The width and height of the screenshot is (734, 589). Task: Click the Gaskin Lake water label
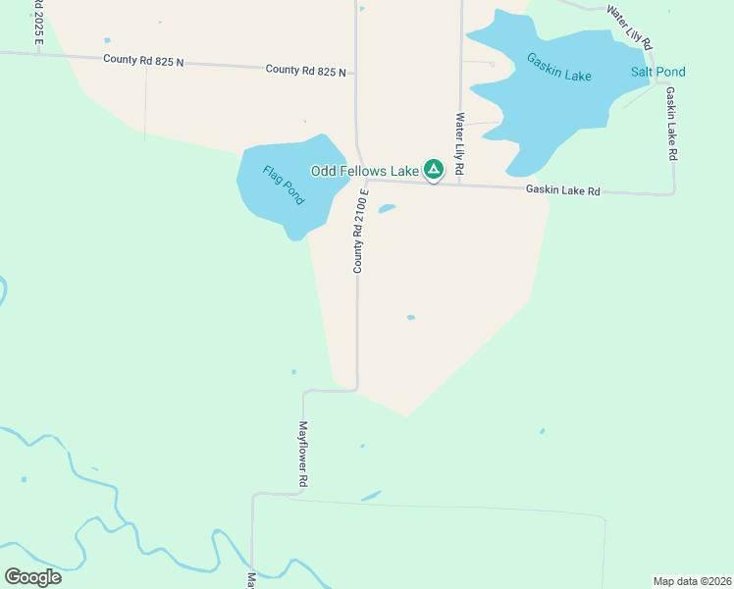[x=558, y=67]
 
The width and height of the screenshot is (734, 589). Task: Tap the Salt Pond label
[x=657, y=72]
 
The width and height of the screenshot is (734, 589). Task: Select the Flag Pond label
[x=283, y=185]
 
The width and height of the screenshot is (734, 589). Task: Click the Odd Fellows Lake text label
[x=364, y=171]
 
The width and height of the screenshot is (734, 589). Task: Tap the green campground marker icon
[x=433, y=170]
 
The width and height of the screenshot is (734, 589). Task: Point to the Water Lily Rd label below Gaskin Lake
[x=459, y=145]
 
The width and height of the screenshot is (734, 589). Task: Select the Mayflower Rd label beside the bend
[x=304, y=455]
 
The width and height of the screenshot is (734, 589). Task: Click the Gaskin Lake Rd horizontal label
[x=562, y=190]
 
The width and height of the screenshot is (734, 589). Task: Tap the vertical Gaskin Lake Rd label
[x=671, y=124]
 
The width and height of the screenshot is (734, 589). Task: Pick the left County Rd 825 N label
[x=143, y=60]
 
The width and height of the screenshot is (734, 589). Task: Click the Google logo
[x=33, y=576]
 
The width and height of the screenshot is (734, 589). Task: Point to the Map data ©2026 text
[x=691, y=580]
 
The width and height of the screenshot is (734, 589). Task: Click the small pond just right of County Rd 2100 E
[x=387, y=208]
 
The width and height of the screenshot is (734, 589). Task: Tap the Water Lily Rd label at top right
[x=630, y=27]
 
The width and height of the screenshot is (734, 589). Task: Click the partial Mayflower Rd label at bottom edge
[x=250, y=581]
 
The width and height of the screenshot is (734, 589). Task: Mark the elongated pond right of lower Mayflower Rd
[x=371, y=497]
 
